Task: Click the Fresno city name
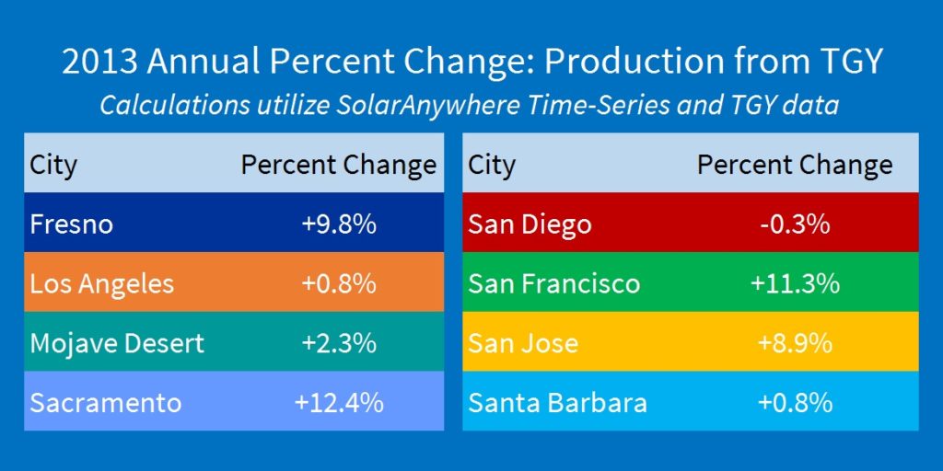click(x=71, y=224)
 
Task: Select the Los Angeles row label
click(x=101, y=283)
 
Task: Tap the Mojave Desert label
click(x=117, y=343)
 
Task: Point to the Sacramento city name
click(x=105, y=402)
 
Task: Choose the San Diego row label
click(x=530, y=224)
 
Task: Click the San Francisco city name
click(x=553, y=283)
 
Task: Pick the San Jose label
click(x=523, y=343)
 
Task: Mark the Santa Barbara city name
click(x=557, y=402)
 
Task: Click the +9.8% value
click(x=339, y=224)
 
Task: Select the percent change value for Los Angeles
click(x=339, y=283)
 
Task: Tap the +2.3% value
click(x=339, y=343)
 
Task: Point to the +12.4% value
click(x=339, y=402)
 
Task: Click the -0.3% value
click(x=795, y=224)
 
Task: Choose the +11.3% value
click(x=795, y=283)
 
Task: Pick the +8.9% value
click(x=795, y=343)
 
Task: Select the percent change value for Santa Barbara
click(x=795, y=402)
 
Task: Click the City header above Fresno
click(x=53, y=166)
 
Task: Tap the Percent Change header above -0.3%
click(x=795, y=165)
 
